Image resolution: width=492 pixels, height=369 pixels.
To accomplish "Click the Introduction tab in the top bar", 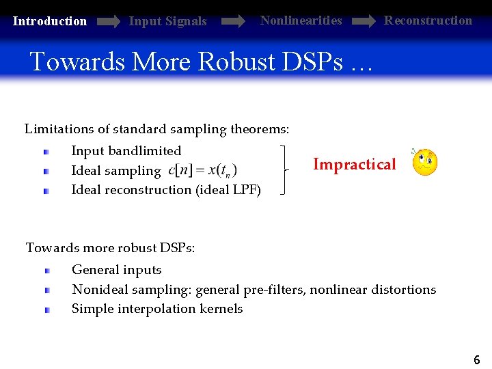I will (50, 21).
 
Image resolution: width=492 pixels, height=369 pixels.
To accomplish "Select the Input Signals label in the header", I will (167, 21).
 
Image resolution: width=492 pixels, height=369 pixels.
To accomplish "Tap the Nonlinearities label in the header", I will (301, 20).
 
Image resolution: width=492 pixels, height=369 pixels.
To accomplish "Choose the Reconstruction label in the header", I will (428, 20).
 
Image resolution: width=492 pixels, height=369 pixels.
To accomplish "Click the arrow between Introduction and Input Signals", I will (108, 22).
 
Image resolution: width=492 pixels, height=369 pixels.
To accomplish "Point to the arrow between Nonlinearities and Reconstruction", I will (363, 22).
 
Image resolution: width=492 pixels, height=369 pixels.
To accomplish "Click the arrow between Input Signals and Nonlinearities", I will (233, 22).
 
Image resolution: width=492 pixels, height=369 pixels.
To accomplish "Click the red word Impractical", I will (354, 164).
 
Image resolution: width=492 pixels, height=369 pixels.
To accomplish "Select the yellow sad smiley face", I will (424, 163).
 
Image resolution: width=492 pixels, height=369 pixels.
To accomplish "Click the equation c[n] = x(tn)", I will (203, 170).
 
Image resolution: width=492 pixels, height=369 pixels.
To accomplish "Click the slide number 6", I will (476, 359).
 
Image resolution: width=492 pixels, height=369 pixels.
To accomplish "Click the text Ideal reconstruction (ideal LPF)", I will (166, 190).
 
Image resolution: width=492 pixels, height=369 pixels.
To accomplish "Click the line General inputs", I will (117, 270).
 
